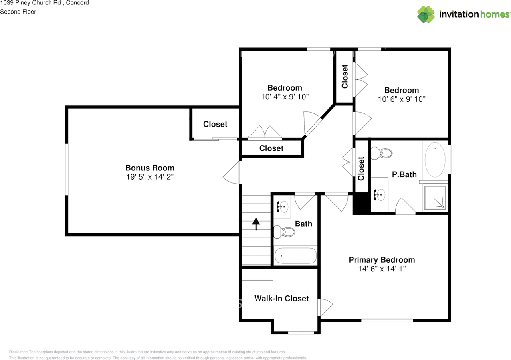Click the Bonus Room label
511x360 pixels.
(x=150, y=168)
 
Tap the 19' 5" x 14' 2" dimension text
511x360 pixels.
(x=150, y=177)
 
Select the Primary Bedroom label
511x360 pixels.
(x=382, y=260)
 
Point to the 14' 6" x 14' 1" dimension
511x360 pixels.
(x=382, y=269)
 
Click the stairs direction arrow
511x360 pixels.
(x=255, y=224)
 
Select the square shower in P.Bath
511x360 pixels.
(x=435, y=198)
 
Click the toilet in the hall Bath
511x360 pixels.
(x=285, y=231)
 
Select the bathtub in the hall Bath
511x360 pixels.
(x=295, y=255)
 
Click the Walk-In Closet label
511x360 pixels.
(x=281, y=298)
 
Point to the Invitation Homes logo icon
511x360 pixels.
(x=426, y=14)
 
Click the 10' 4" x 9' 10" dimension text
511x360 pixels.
(x=285, y=97)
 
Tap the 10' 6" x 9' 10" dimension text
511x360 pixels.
(x=402, y=99)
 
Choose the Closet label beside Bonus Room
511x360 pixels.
(x=215, y=124)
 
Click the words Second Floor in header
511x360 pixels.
(x=18, y=12)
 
